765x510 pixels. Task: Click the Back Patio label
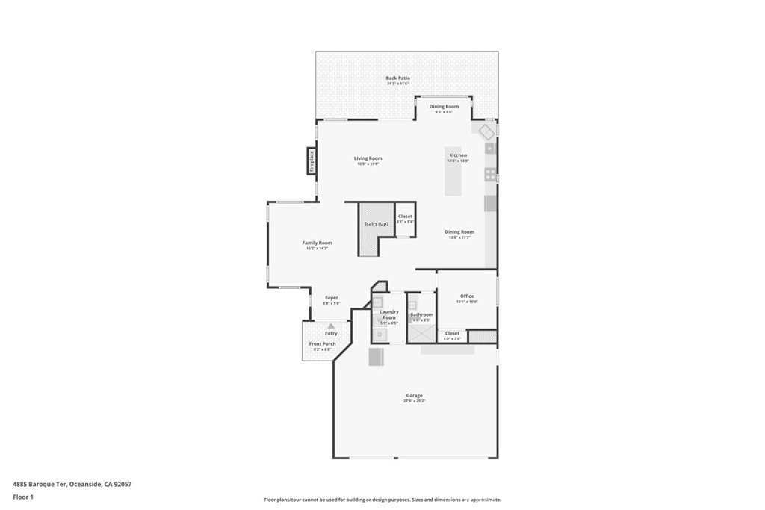397,78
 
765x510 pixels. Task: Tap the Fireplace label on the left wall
312,161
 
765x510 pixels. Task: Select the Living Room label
368,158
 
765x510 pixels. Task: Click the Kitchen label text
458,155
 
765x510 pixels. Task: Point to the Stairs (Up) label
376,224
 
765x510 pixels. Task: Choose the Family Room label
317,243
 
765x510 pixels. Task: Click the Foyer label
331,298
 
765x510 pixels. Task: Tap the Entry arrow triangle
331,326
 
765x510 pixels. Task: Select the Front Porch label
323,344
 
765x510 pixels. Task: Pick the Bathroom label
421,315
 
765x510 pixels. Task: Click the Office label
467,296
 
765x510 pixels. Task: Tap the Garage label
414,396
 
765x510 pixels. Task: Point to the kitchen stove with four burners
490,175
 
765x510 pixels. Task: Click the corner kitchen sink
486,133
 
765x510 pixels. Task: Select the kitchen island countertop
453,179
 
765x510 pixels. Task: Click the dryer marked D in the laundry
379,335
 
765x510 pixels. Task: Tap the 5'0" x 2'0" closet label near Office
452,334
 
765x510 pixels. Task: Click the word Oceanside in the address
87,484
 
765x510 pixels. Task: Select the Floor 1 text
23,497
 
